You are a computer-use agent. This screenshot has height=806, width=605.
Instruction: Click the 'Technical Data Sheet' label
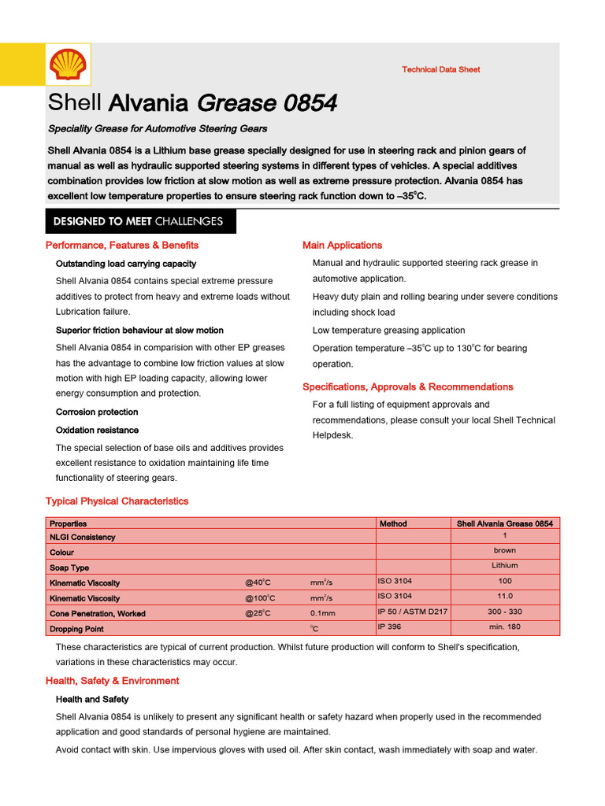coord(440,69)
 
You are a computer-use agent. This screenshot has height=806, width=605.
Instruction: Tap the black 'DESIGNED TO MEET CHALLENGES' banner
coord(138,221)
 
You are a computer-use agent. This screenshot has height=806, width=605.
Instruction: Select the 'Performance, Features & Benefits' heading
coord(122,246)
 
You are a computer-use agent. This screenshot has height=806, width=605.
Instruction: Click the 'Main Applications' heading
coord(342,246)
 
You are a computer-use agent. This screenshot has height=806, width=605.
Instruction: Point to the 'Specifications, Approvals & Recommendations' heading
coord(407,386)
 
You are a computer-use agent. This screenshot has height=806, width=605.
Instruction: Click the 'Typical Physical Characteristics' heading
coord(117,501)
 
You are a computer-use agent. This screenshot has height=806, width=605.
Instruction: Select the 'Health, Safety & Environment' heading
coord(113,681)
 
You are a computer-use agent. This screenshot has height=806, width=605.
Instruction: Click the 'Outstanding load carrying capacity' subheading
coord(126,264)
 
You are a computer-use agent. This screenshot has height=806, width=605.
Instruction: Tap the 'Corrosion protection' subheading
coord(97,412)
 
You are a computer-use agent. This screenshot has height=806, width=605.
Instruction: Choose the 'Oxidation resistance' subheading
coord(97,430)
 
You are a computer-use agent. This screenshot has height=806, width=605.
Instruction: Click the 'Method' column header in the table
coord(393,523)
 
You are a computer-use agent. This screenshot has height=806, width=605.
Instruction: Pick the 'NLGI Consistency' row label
coord(83,538)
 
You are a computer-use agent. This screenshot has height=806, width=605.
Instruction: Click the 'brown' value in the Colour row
coord(504,550)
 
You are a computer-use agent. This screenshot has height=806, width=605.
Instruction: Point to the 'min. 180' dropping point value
coord(504,627)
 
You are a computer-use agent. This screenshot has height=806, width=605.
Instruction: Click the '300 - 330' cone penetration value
coord(504,612)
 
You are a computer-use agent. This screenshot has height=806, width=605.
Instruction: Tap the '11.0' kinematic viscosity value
coord(504,596)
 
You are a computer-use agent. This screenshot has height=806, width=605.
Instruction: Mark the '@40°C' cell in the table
coord(258,582)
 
